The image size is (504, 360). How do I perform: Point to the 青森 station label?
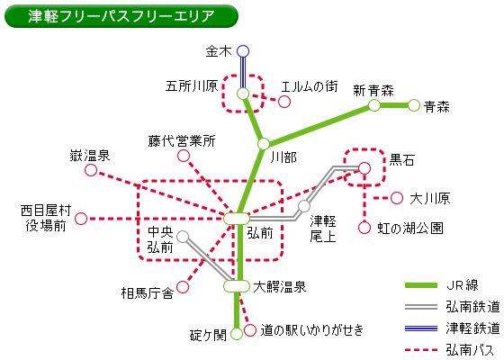tap(436, 107)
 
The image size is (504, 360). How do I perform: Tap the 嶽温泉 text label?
tap(90, 156)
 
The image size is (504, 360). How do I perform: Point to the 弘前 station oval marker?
tap(237, 219)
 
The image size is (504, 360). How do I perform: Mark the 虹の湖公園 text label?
tap(410, 229)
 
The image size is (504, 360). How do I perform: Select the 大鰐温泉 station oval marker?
tap(237, 286)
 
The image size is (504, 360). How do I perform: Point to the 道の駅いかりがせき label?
tap(311, 329)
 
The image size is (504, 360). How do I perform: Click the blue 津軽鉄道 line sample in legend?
tap(421, 328)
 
